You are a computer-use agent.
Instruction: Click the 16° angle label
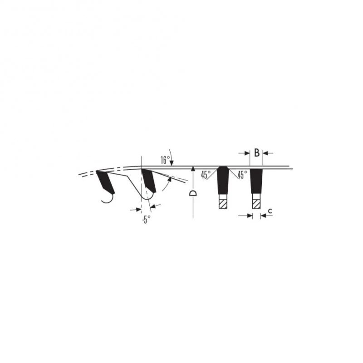pyautogui.click(x=165, y=160)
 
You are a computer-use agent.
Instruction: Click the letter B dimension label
pyautogui.click(x=257, y=153)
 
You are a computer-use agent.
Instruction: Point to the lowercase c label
pyautogui.click(x=270, y=211)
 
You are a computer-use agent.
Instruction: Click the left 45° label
pyautogui.click(x=206, y=175)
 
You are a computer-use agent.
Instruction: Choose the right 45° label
pyautogui.click(x=242, y=175)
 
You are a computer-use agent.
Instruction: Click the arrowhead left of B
pyautogui.click(x=247, y=153)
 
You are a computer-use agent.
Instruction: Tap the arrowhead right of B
pyautogui.click(x=265, y=153)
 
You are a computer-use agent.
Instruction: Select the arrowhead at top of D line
pyautogui.click(x=193, y=168)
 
